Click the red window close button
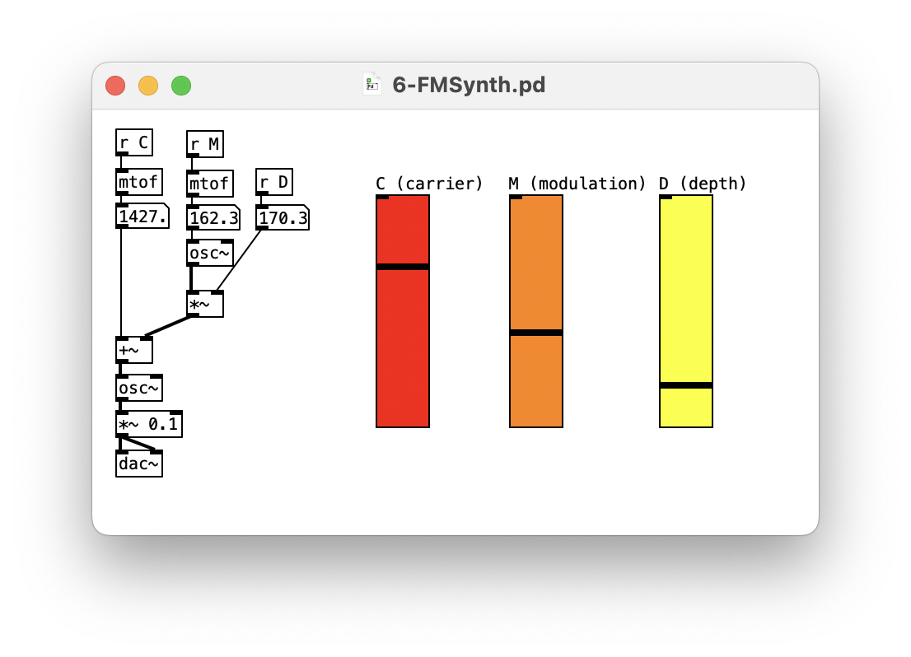click(115, 86)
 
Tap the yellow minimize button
click(148, 86)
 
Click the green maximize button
click(181, 86)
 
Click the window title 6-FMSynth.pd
click(468, 85)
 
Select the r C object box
click(133, 142)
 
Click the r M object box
click(204, 144)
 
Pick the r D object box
click(273, 182)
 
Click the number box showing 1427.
click(142, 217)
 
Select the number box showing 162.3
click(213, 217)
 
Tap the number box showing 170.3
click(282, 217)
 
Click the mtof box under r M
click(209, 183)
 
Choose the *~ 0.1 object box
click(148, 424)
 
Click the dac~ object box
click(138, 464)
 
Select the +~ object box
click(133, 350)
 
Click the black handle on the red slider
click(403, 267)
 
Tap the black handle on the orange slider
click(536, 333)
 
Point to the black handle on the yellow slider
click(686, 385)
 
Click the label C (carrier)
click(429, 184)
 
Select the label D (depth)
click(702, 184)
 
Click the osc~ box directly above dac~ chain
click(138, 388)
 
